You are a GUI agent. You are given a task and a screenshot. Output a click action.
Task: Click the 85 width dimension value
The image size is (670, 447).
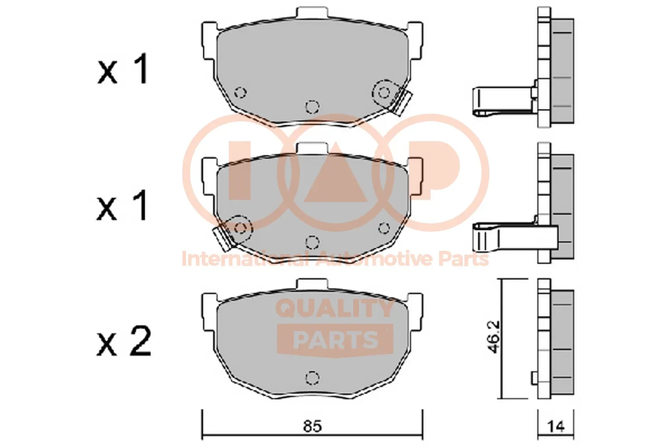pyautogui.click(x=312, y=426)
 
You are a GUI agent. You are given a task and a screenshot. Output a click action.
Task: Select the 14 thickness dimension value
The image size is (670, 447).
pyautogui.click(x=556, y=426)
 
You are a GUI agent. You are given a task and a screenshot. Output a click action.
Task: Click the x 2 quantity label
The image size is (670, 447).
pyautogui.click(x=124, y=341)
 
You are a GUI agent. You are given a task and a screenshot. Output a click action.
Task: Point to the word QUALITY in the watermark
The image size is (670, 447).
pyautogui.click(x=335, y=309)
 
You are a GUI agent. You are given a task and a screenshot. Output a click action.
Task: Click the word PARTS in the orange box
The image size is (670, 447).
pyautogui.click(x=335, y=339)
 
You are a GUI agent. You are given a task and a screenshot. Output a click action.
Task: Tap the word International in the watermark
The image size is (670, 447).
pyautogui.click(x=245, y=259)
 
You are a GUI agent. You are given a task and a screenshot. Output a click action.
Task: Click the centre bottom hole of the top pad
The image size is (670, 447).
pyautogui.click(x=312, y=106)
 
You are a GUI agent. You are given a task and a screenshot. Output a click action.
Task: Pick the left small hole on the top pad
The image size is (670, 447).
pyautogui.click(x=240, y=92)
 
